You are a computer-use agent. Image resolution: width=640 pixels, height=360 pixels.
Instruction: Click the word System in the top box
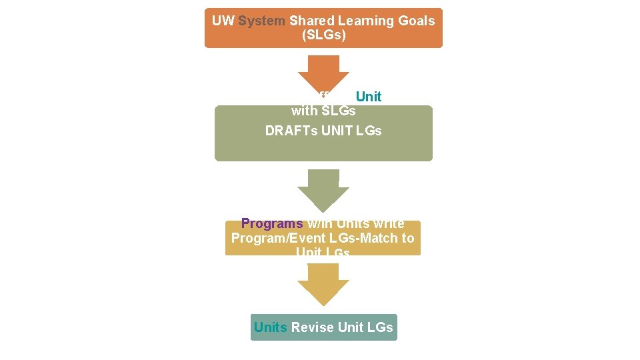[262, 21]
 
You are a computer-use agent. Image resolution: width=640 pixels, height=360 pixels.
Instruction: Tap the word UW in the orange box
[223, 21]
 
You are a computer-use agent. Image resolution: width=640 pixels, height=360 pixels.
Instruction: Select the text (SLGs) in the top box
[323, 35]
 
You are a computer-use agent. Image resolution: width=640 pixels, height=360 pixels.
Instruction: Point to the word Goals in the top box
[416, 21]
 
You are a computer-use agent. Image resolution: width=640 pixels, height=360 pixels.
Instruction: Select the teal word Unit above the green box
[368, 97]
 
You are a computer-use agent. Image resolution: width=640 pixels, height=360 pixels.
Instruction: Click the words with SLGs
[323, 111]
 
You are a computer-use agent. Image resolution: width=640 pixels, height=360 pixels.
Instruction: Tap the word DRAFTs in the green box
[291, 131]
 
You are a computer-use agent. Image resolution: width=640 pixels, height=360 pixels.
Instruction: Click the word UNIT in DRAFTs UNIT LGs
[339, 131]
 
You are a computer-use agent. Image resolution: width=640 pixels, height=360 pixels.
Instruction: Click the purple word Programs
[271, 224]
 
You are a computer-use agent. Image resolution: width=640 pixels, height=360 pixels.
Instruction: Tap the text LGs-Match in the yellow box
[365, 238]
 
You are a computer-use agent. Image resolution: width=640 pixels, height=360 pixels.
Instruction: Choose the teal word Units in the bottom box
[270, 327]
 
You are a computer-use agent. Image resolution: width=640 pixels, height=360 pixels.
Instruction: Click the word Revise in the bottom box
[313, 327]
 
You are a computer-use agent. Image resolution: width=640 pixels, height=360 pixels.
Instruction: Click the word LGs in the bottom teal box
[380, 327]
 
